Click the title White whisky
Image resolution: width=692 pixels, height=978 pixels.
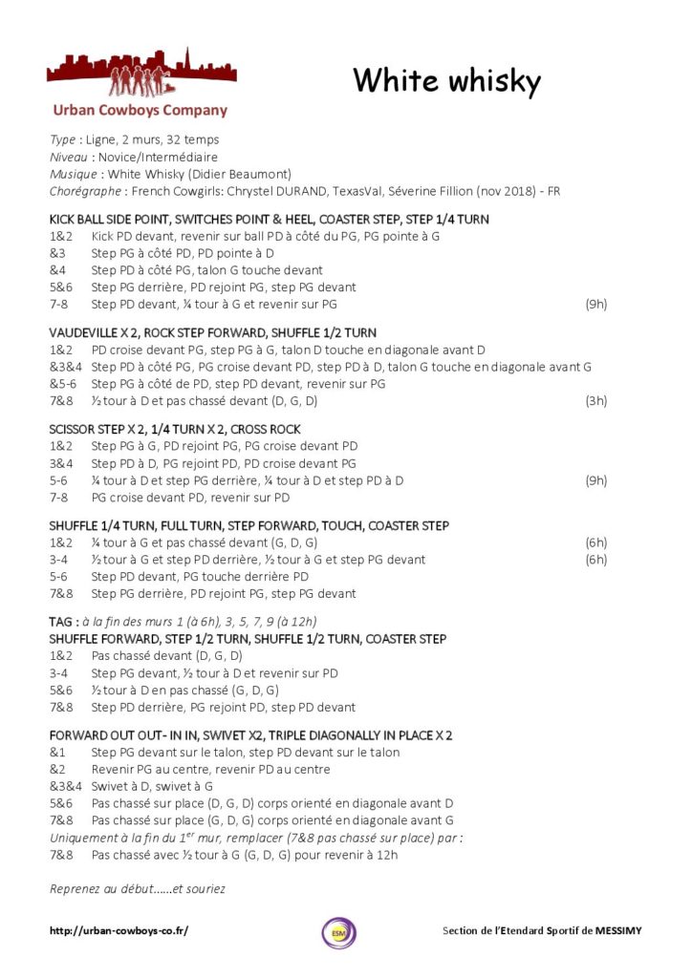click(x=446, y=81)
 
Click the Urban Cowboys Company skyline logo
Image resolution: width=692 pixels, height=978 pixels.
click(x=141, y=74)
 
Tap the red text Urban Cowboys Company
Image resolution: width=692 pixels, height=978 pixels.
click(x=140, y=111)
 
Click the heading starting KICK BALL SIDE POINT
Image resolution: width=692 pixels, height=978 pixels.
click(x=269, y=219)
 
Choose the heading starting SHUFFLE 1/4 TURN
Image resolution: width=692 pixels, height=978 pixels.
click(x=249, y=525)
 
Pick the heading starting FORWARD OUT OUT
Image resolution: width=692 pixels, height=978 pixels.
click(x=250, y=734)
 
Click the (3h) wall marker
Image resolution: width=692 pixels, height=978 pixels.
click(x=595, y=401)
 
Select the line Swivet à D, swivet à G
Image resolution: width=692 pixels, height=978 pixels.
click(x=152, y=786)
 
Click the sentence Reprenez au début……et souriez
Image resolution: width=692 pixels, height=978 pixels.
click(x=138, y=889)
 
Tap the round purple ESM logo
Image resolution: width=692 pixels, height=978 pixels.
click(x=338, y=932)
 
